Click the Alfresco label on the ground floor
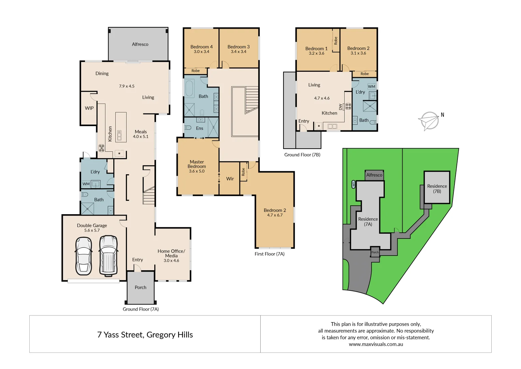[x=140, y=44]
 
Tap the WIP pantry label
[x=89, y=108]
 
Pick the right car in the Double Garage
[x=108, y=255]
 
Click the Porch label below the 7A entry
[x=140, y=287]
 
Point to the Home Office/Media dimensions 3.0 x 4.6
[x=171, y=261]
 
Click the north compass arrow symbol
[x=429, y=121]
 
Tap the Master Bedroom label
[x=197, y=164]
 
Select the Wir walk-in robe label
[x=230, y=179]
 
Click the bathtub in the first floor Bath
[x=189, y=88]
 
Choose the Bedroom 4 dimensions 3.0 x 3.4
[x=201, y=52]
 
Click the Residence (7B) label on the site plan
[x=437, y=189]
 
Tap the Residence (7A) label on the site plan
[x=368, y=221]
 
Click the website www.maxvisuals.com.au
[x=376, y=344]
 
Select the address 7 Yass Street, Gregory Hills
[x=145, y=335]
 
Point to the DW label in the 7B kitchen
[x=341, y=107]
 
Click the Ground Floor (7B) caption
[x=302, y=155]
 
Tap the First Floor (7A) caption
[x=270, y=254]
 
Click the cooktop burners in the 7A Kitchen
[x=101, y=148]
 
